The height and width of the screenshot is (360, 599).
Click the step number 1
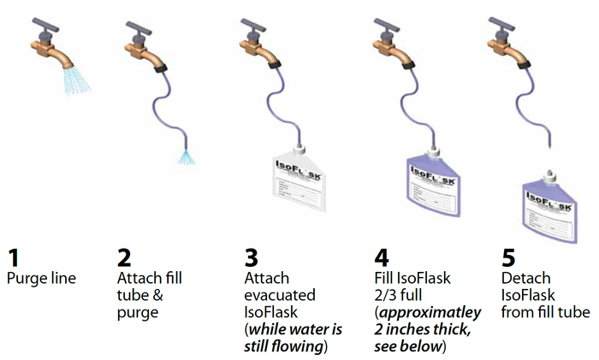tap(14, 257)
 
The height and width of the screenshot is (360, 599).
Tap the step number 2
tap(124, 257)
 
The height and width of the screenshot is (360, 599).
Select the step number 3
tap(252, 257)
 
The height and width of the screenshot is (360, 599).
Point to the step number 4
tap(382, 257)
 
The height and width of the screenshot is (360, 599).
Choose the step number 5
tap(508, 257)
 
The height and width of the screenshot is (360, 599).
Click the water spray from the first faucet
tap(77, 81)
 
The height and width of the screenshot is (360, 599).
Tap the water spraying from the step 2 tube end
tap(187, 157)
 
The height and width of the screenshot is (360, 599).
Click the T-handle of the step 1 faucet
tap(45, 25)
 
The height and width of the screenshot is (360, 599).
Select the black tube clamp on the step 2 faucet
tap(161, 68)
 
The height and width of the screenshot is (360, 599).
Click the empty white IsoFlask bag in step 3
tap(299, 182)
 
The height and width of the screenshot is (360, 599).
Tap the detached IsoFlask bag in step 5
tap(549, 210)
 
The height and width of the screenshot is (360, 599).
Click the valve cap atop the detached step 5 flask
tap(549, 174)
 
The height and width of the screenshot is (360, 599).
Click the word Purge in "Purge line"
tap(24, 279)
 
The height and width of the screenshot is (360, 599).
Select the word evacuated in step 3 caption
tap(280, 295)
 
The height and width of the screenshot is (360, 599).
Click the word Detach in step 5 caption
tap(525, 278)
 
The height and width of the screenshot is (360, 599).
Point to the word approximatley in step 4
tap(430, 313)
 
